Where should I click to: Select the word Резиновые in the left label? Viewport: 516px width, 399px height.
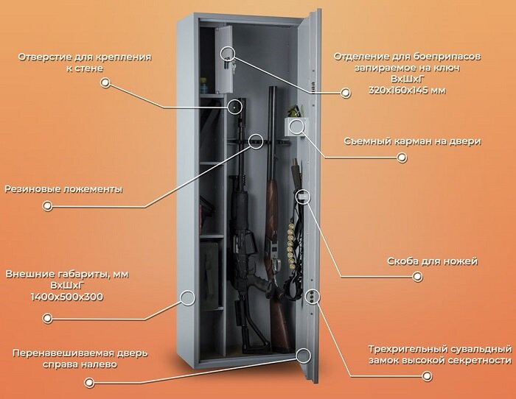click(32, 189)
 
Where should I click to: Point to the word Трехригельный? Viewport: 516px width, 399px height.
click(411, 347)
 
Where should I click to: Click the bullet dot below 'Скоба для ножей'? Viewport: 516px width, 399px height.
click(417, 277)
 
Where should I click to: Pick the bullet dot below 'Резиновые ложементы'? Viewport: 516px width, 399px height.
click(48, 206)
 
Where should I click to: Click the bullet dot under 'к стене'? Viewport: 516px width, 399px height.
click(105, 84)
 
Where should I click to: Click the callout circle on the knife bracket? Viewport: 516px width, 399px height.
click(303, 197)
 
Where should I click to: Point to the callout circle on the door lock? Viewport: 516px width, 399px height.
click(313, 296)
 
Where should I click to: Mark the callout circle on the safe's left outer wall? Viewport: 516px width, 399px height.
click(187, 298)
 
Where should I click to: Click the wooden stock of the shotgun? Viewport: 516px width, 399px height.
click(279, 317)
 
